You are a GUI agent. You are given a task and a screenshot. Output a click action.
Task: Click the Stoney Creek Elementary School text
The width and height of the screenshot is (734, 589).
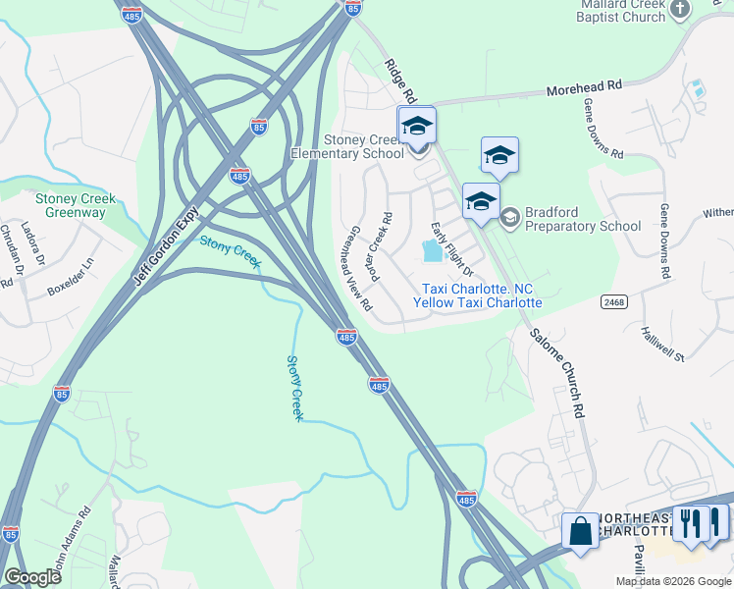[x=346, y=146]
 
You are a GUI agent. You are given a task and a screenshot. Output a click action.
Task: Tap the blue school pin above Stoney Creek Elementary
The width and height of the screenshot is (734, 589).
[x=416, y=125]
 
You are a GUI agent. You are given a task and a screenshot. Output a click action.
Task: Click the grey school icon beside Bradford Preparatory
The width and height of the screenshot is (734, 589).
[x=508, y=217]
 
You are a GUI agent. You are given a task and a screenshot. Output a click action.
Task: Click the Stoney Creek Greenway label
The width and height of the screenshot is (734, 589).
[x=76, y=205]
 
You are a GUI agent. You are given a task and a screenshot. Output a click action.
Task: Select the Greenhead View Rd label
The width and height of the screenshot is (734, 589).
[x=355, y=272]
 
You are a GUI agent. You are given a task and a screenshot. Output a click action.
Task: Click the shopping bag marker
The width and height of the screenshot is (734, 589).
[x=580, y=531]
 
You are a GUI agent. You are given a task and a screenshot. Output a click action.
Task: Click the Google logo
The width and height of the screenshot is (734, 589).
[x=32, y=577]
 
